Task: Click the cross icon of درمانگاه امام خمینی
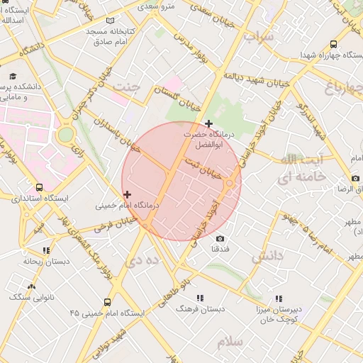coord(127,194)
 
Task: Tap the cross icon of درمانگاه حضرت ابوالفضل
coord(208,124)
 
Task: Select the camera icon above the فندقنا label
coord(220,239)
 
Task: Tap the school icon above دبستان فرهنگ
coord(200,298)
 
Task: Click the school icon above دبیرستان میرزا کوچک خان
coord(278,298)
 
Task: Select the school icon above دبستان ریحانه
coord(46,250)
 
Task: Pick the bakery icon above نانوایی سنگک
coord(30,287)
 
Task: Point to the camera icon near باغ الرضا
coord(355,179)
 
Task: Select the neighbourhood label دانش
coord(267,255)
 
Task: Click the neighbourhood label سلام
coord(230,342)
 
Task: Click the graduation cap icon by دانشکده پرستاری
coord(13,76)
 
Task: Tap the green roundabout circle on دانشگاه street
coord(65,134)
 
